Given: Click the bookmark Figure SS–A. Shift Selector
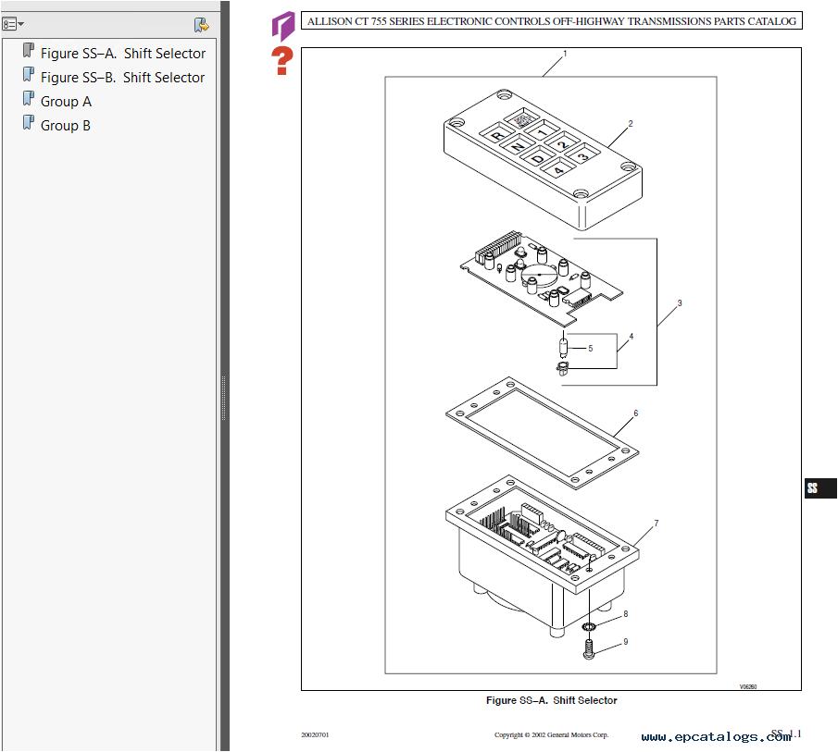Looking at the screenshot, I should tap(122, 54).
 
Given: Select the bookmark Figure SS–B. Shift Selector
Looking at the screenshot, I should tap(122, 78).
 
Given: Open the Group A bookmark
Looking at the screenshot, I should tap(66, 102).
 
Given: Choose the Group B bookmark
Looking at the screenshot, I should tap(66, 126).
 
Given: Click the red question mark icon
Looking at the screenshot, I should tap(281, 61).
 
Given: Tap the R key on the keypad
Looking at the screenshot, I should tap(497, 137).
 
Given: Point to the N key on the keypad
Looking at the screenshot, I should tap(518, 147).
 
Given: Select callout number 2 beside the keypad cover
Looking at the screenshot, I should tap(631, 124).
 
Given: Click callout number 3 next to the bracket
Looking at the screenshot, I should tap(679, 303).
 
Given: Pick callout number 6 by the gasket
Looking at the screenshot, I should tap(635, 413).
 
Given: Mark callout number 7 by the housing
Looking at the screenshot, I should tap(656, 524).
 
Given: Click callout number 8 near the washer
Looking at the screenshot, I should tap(625, 613).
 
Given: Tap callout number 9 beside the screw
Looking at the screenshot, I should tap(625, 641).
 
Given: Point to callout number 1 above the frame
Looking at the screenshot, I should tap(565, 54).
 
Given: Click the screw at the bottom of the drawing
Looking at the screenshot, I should tap(589, 651).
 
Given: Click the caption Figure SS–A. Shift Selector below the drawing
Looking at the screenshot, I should tap(551, 700).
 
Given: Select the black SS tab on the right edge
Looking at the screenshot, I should tap(819, 488).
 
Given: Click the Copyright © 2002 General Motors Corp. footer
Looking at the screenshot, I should tap(551, 735).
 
